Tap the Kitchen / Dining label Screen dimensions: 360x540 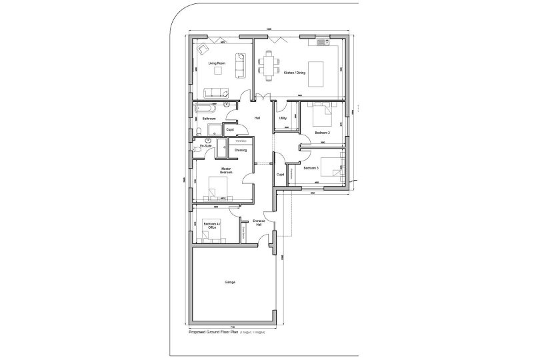tap(294, 73)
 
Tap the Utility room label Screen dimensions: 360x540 tap(283, 118)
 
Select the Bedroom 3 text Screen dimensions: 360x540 tap(311, 168)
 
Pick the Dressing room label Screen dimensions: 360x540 tap(240, 150)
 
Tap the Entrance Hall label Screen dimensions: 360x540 tap(259, 223)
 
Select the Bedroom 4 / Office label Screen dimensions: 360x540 tap(211, 226)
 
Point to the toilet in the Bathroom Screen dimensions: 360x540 tap(199, 130)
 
